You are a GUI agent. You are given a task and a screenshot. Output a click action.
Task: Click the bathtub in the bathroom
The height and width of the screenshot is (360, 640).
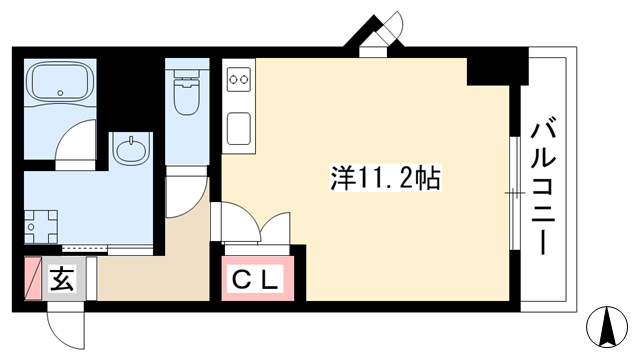[x=60, y=85]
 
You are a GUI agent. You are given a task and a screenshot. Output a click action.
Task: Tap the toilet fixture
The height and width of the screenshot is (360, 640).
[x=186, y=92]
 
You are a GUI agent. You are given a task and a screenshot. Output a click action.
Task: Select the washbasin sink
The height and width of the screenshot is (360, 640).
[x=130, y=150]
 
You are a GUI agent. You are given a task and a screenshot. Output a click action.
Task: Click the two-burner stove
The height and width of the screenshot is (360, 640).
[x=239, y=79]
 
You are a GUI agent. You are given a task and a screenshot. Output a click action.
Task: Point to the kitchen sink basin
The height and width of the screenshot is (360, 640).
[x=239, y=129]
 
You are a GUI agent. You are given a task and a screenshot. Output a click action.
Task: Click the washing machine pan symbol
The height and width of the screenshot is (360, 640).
[x=41, y=227]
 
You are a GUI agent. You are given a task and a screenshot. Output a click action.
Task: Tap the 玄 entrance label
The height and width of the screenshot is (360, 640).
[x=63, y=279]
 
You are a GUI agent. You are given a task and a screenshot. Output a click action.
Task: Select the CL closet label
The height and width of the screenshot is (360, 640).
[x=257, y=279]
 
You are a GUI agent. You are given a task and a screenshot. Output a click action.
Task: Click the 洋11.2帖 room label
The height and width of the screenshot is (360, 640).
[x=385, y=179]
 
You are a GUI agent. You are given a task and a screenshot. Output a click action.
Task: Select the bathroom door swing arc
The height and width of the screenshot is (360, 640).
[x=76, y=141]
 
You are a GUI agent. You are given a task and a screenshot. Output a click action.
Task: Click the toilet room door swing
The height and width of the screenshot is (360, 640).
[x=187, y=197]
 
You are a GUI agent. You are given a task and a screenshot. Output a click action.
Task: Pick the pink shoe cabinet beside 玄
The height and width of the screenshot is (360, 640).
[x=33, y=278]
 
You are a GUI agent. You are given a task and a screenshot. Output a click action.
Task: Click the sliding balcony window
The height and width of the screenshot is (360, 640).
[x=515, y=193]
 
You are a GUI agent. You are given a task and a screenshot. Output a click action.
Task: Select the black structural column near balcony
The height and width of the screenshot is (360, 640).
[x=498, y=71]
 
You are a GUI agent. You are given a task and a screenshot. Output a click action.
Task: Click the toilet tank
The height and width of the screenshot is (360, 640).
[x=186, y=74]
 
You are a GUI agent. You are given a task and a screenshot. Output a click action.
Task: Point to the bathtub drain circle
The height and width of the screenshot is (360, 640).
[x=61, y=93]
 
